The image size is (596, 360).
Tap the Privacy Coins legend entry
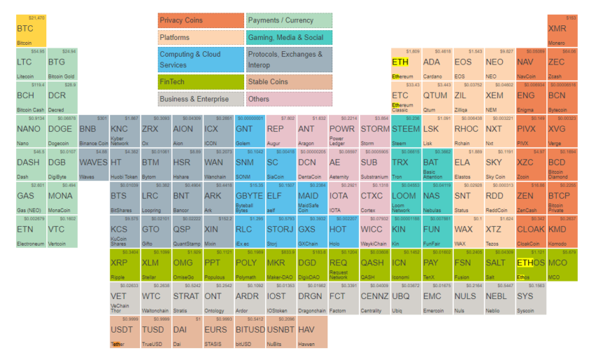[201, 20]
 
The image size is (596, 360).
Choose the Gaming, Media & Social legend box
[290, 37]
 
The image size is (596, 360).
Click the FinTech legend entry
[201, 82]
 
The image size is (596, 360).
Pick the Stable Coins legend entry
[290, 82]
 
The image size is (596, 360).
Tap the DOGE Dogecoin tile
[62, 131]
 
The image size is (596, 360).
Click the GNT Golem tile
[250, 131]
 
